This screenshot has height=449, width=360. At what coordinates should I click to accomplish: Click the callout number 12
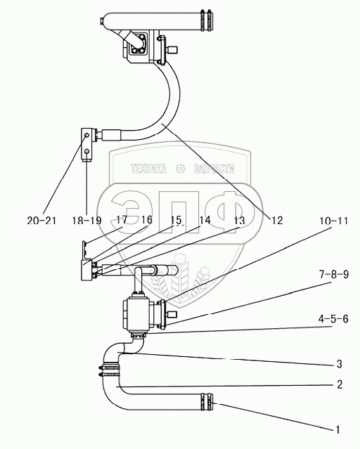(277, 220)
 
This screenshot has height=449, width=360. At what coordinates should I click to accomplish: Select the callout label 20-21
(42, 221)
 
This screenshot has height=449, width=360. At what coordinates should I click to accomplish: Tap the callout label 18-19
(86, 221)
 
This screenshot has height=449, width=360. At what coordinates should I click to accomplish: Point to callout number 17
(122, 220)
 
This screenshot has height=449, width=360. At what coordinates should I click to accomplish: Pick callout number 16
(146, 220)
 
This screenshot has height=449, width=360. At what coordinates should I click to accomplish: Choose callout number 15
(176, 220)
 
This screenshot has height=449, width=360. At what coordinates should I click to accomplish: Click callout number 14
(205, 220)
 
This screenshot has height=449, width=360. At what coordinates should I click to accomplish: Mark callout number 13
(239, 221)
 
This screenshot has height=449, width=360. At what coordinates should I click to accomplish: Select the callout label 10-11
(334, 221)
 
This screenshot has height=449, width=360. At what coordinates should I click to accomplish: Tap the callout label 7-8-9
(334, 274)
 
